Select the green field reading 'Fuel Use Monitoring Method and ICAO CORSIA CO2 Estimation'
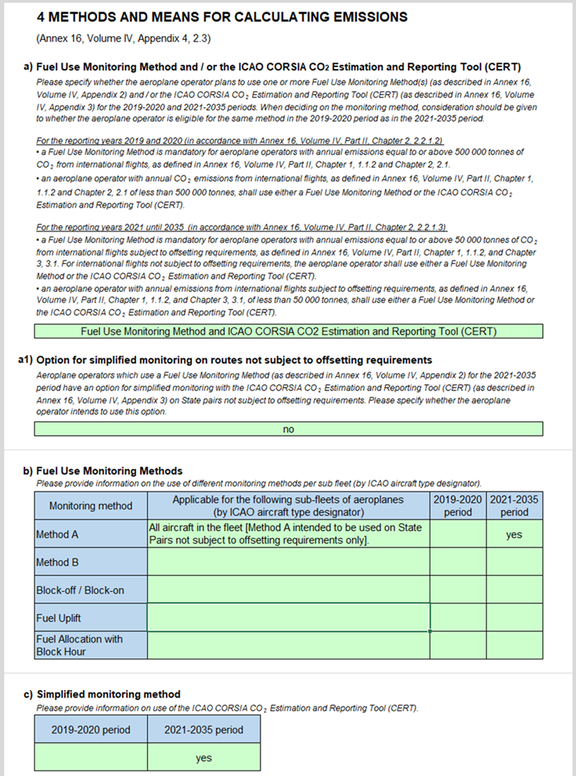pos(288,331)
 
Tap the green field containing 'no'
pos(288,429)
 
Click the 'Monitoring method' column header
pos(91,506)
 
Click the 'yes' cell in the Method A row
pos(514,535)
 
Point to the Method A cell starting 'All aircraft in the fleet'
pos(288,535)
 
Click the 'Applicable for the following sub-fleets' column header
pos(288,506)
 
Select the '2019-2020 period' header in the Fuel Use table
pos(458,506)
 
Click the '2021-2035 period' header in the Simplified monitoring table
pos(203,730)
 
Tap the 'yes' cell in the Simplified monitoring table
pos(203,757)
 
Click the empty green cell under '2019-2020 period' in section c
pos(91,757)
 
